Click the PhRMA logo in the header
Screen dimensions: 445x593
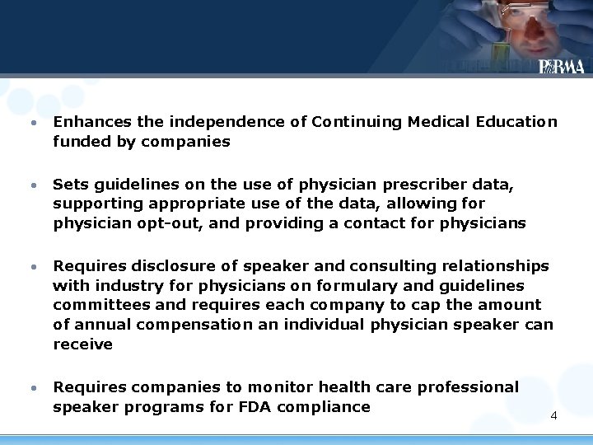tap(561, 67)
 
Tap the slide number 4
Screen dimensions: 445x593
tap(553, 415)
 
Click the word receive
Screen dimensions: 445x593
tap(82, 344)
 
